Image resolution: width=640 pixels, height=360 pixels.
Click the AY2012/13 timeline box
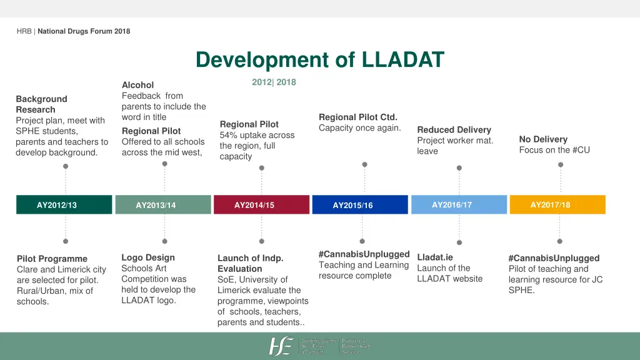57,205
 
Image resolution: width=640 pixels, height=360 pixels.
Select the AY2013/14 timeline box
156,205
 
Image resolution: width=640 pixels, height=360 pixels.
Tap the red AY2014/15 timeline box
254,205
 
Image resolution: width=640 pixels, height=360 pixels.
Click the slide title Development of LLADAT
319,61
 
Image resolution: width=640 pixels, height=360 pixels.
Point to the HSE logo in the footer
281,346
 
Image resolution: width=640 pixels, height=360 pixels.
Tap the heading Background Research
41,104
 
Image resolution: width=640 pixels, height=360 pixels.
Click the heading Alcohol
137,85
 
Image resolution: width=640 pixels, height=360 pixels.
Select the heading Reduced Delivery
454,130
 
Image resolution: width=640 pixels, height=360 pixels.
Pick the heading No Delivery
543,139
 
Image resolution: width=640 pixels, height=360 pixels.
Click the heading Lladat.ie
434,257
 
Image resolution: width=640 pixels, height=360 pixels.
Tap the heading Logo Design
148,257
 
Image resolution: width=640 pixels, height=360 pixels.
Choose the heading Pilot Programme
52,259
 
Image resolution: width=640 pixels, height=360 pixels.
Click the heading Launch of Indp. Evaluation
250,263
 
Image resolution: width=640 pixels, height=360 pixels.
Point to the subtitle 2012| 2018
274,82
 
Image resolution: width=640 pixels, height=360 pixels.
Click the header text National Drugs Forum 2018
84,31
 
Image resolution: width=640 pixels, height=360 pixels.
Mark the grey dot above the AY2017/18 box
561,165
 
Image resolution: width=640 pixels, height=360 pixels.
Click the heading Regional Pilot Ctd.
358,117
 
